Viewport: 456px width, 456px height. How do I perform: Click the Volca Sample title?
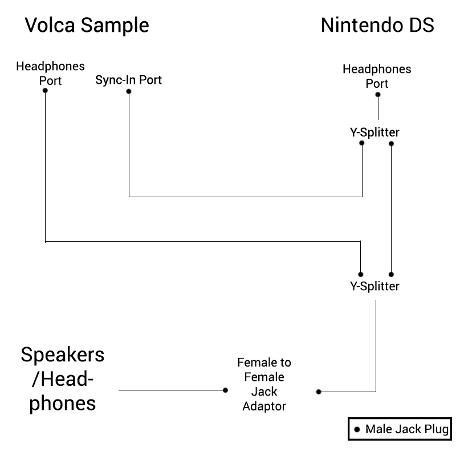[87, 26]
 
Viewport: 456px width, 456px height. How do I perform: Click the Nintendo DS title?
[377, 25]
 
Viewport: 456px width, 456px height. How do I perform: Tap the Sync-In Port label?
[128, 80]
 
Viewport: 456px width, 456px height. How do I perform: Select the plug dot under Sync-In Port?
[129, 91]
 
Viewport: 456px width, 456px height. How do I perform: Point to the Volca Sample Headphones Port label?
[50, 74]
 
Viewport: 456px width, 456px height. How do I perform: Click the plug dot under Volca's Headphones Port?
[45, 91]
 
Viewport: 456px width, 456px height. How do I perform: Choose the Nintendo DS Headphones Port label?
[377, 76]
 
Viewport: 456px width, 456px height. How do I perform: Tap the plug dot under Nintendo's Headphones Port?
[378, 95]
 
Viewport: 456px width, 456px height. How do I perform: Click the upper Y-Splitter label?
[374, 132]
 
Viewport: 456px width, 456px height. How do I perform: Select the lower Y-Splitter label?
[374, 286]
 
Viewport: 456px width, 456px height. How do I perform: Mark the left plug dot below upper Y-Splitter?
[361, 143]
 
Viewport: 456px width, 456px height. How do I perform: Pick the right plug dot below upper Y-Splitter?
[391, 144]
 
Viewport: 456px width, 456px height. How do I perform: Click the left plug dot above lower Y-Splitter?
[361, 274]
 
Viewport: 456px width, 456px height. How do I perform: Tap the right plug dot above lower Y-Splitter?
[391, 274]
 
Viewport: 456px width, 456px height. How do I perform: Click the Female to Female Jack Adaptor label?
[264, 384]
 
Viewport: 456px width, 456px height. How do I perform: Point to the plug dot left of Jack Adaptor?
[225, 390]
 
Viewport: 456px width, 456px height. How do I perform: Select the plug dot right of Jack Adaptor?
[319, 392]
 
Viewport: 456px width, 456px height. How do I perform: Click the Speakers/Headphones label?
[63, 379]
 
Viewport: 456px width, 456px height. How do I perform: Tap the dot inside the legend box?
[357, 429]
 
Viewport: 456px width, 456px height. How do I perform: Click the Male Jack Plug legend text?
[407, 429]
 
